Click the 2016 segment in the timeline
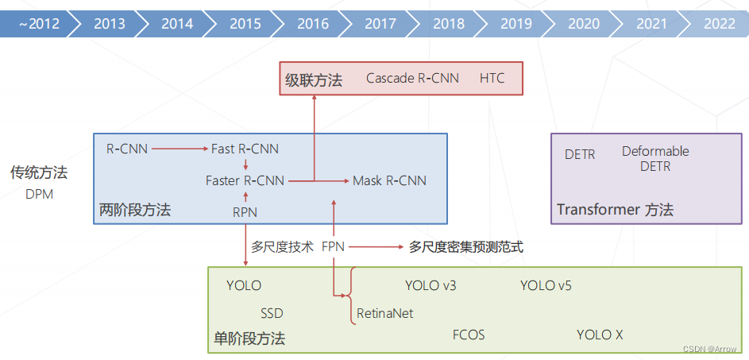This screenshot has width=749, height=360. pyautogui.click(x=313, y=24)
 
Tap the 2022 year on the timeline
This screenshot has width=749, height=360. pyautogui.click(x=719, y=24)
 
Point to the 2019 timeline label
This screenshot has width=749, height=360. pyautogui.click(x=516, y=24)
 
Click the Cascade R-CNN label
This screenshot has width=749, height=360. pyautogui.click(x=412, y=79)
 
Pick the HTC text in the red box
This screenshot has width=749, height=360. pyautogui.click(x=492, y=79)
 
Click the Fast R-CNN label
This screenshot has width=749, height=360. pyautogui.click(x=245, y=149)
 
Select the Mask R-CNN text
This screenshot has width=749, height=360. pyautogui.click(x=389, y=180)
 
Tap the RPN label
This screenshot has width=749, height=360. pyautogui.click(x=245, y=211)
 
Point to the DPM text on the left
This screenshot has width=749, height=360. pyautogui.click(x=39, y=194)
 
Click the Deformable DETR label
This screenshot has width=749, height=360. pyautogui.click(x=655, y=159)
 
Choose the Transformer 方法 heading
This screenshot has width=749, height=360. pyautogui.click(x=615, y=210)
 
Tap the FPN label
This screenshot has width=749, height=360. pyautogui.click(x=334, y=247)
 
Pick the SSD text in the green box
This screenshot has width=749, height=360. pyautogui.click(x=272, y=313)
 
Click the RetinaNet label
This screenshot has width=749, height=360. pyautogui.click(x=384, y=313)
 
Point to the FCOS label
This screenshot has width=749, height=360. pyautogui.click(x=469, y=335)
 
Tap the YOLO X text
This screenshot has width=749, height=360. pyautogui.click(x=600, y=335)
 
